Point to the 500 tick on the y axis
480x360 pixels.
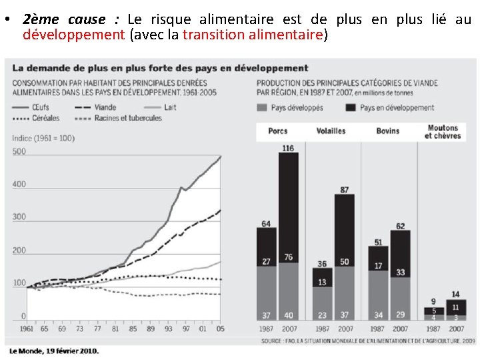(x=19, y=151)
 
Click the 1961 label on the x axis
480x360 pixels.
(x=26, y=329)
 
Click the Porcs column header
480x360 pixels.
(x=277, y=131)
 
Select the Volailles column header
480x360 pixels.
(x=331, y=131)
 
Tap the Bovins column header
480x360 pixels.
(x=387, y=131)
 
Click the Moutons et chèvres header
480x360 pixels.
(x=443, y=131)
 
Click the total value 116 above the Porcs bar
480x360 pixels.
(x=288, y=148)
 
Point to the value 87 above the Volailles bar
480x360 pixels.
(x=344, y=190)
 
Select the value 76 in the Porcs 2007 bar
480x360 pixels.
(x=288, y=257)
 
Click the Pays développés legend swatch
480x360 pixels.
(x=262, y=107)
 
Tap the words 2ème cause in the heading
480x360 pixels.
(x=63, y=19)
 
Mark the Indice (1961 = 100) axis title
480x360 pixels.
(x=43, y=137)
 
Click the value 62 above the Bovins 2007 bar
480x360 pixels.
(x=400, y=226)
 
